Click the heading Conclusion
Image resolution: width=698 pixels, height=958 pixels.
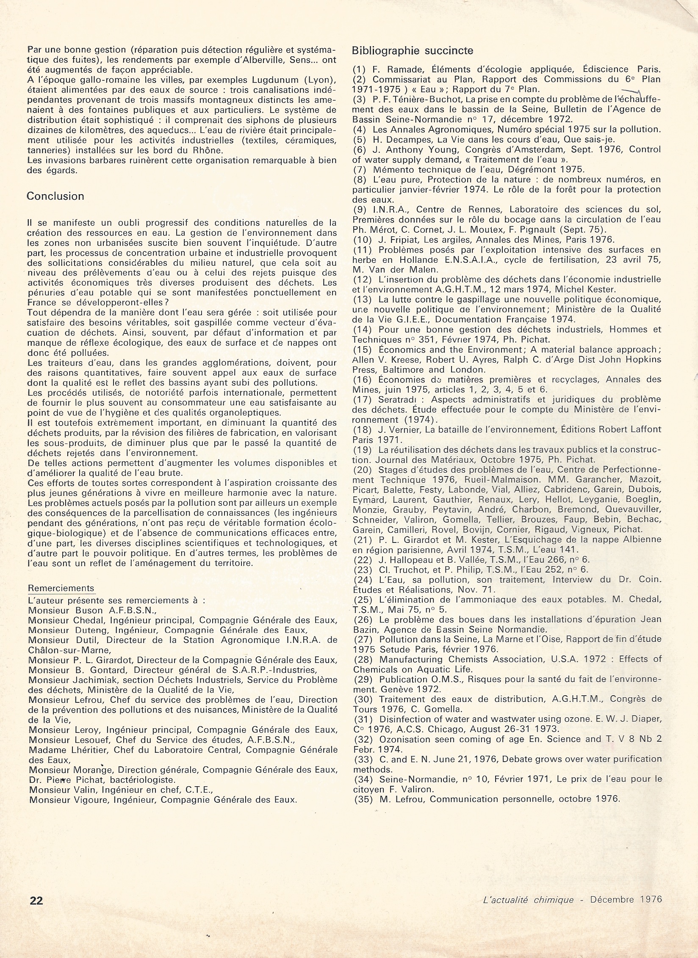click(55, 196)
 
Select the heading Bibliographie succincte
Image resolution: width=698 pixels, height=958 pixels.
click(413, 50)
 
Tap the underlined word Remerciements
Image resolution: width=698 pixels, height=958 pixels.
click(61, 588)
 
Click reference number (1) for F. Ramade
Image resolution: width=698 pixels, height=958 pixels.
click(359, 70)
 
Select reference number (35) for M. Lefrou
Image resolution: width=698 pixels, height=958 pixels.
click(362, 799)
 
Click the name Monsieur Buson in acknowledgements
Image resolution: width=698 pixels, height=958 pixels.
click(66, 610)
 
